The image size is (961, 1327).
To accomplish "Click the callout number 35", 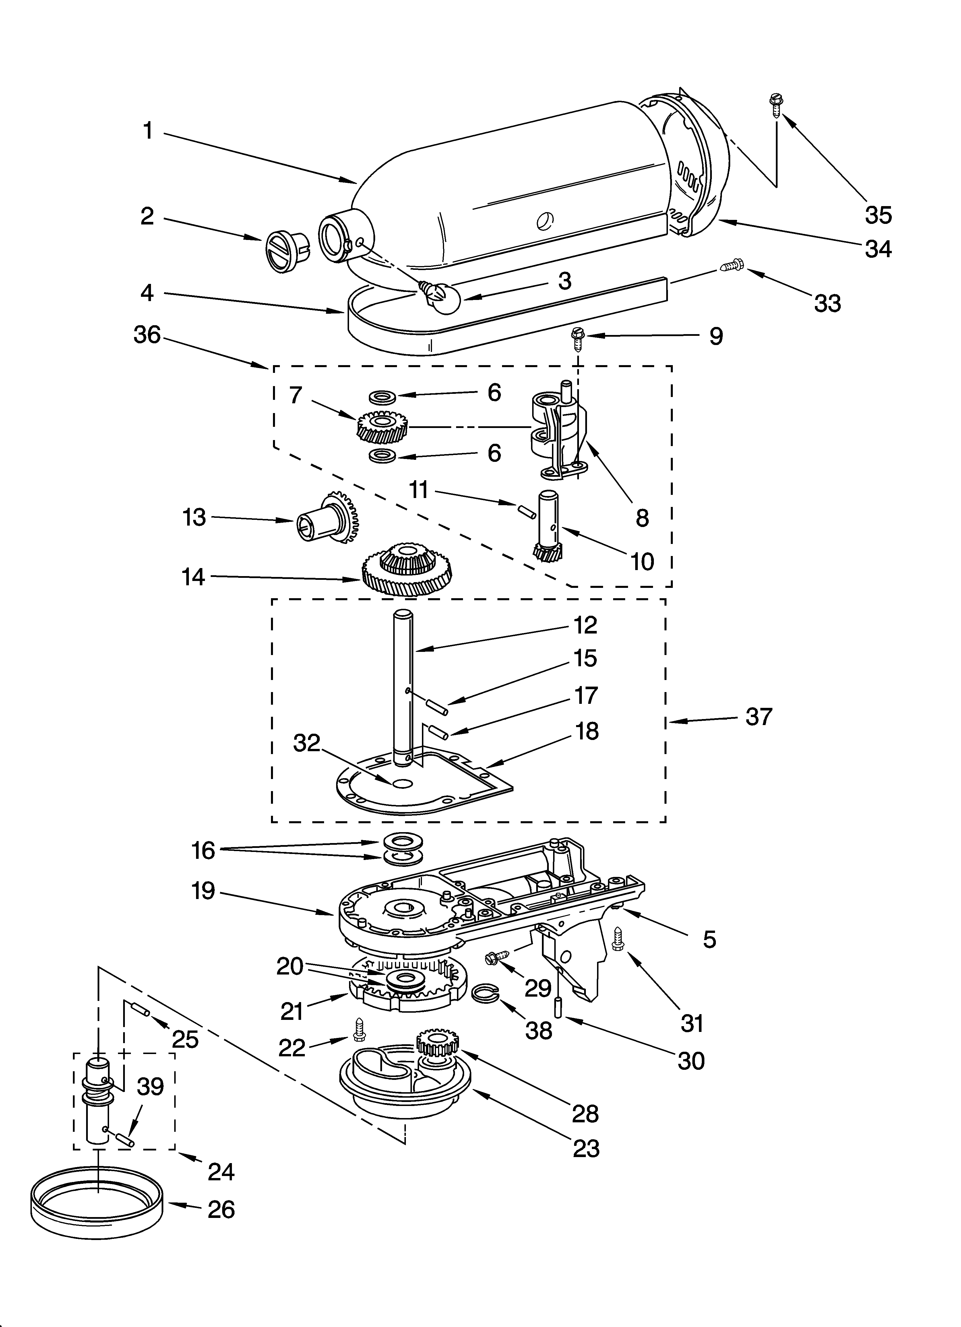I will coord(878,215).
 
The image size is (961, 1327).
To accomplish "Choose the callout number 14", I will coord(193,577).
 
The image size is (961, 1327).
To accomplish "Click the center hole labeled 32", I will coord(402,783).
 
